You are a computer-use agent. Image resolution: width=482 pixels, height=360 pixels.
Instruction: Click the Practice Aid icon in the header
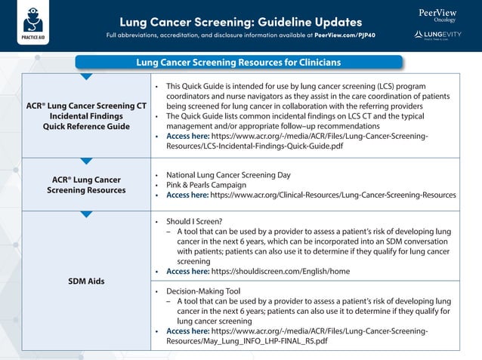tap(31, 22)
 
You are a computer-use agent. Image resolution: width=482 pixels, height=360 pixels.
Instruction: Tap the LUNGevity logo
tap(437, 35)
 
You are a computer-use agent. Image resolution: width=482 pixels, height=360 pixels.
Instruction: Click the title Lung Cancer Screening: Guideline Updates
tap(240, 22)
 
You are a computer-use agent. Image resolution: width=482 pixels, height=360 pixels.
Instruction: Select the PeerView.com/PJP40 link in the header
tap(345, 35)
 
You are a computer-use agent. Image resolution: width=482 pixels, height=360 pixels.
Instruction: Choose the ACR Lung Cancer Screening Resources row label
tap(86, 185)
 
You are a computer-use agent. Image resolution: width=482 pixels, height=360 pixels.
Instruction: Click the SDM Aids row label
tap(86, 281)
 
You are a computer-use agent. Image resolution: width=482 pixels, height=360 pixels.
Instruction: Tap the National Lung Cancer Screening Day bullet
tap(228, 174)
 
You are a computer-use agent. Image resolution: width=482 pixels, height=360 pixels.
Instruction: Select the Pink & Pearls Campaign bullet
tap(206, 185)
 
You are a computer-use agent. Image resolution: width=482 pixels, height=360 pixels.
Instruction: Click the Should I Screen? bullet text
tap(194, 221)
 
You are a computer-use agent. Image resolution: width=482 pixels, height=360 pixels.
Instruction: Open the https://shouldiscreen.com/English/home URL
tap(280, 271)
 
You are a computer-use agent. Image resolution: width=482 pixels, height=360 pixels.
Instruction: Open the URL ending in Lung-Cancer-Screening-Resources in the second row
tap(332, 195)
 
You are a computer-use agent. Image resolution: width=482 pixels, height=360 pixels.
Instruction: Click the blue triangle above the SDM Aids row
tap(86, 215)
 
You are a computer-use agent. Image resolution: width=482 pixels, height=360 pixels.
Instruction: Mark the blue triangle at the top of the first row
tap(86, 76)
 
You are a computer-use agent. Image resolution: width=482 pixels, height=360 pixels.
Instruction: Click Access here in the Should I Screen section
tap(187, 271)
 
